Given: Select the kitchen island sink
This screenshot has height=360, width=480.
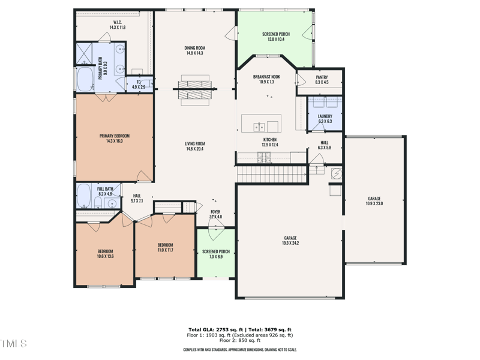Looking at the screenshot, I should (x=260, y=126).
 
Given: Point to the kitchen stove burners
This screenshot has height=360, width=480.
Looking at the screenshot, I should (x=263, y=157).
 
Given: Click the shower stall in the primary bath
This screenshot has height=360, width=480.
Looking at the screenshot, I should (x=85, y=53).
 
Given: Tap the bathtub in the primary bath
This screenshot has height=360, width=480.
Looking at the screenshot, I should (x=84, y=79).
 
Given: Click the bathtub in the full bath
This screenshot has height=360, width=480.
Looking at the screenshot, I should (x=84, y=196).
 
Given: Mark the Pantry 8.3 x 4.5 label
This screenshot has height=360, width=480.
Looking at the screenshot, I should (x=322, y=79).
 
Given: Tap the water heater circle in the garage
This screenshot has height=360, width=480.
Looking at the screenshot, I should (x=337, y=173).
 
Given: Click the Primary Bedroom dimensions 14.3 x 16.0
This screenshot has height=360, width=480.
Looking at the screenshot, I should (x=114, y=142).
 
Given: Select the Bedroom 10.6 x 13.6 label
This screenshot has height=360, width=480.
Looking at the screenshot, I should (x=105, y=254).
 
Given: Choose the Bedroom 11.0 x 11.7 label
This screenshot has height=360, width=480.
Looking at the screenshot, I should (x=165, y=247).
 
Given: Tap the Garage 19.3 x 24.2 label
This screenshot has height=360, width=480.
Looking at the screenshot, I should (x=290, y=240).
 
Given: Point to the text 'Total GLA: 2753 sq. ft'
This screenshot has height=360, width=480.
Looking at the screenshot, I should (x=215, y=330).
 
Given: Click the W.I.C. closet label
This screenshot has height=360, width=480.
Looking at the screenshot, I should (x=117, y=25).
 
